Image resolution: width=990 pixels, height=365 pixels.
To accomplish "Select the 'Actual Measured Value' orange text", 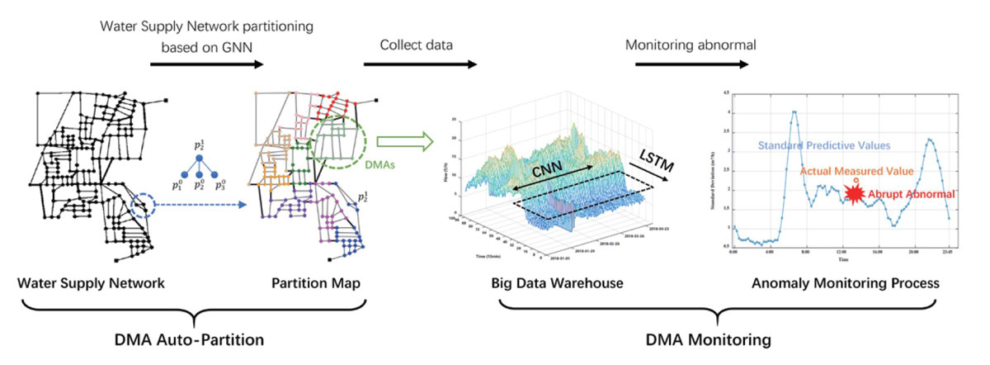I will [x=856, y=172].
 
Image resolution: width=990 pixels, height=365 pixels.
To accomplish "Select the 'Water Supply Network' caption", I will [x=91, y=283].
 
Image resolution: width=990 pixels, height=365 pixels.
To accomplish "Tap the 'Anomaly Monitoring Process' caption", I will [x=845, y=283].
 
